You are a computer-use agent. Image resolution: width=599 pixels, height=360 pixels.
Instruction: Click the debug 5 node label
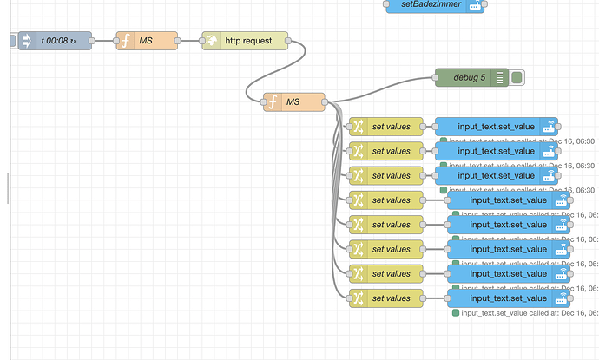click(x=469, y=78)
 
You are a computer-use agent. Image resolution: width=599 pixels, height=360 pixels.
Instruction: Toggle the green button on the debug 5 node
click(x=518, y=78)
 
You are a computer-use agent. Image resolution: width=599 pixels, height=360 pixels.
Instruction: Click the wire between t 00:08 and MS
click(x=103, y=41)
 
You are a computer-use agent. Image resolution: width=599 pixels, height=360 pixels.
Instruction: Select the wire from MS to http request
click(x=189, y=41)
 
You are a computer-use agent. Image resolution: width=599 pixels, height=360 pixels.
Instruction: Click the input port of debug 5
click(x=436, y=78)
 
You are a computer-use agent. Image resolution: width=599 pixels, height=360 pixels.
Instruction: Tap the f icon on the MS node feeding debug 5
click(x=273, y=102)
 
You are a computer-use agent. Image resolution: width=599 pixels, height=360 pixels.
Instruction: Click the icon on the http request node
click(x=211, y=41)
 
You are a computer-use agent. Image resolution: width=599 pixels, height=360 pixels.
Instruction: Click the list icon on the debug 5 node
click(x=500, y=78)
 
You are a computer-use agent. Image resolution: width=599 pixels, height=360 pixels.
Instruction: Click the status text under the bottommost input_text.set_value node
click(x=525, y=313)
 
